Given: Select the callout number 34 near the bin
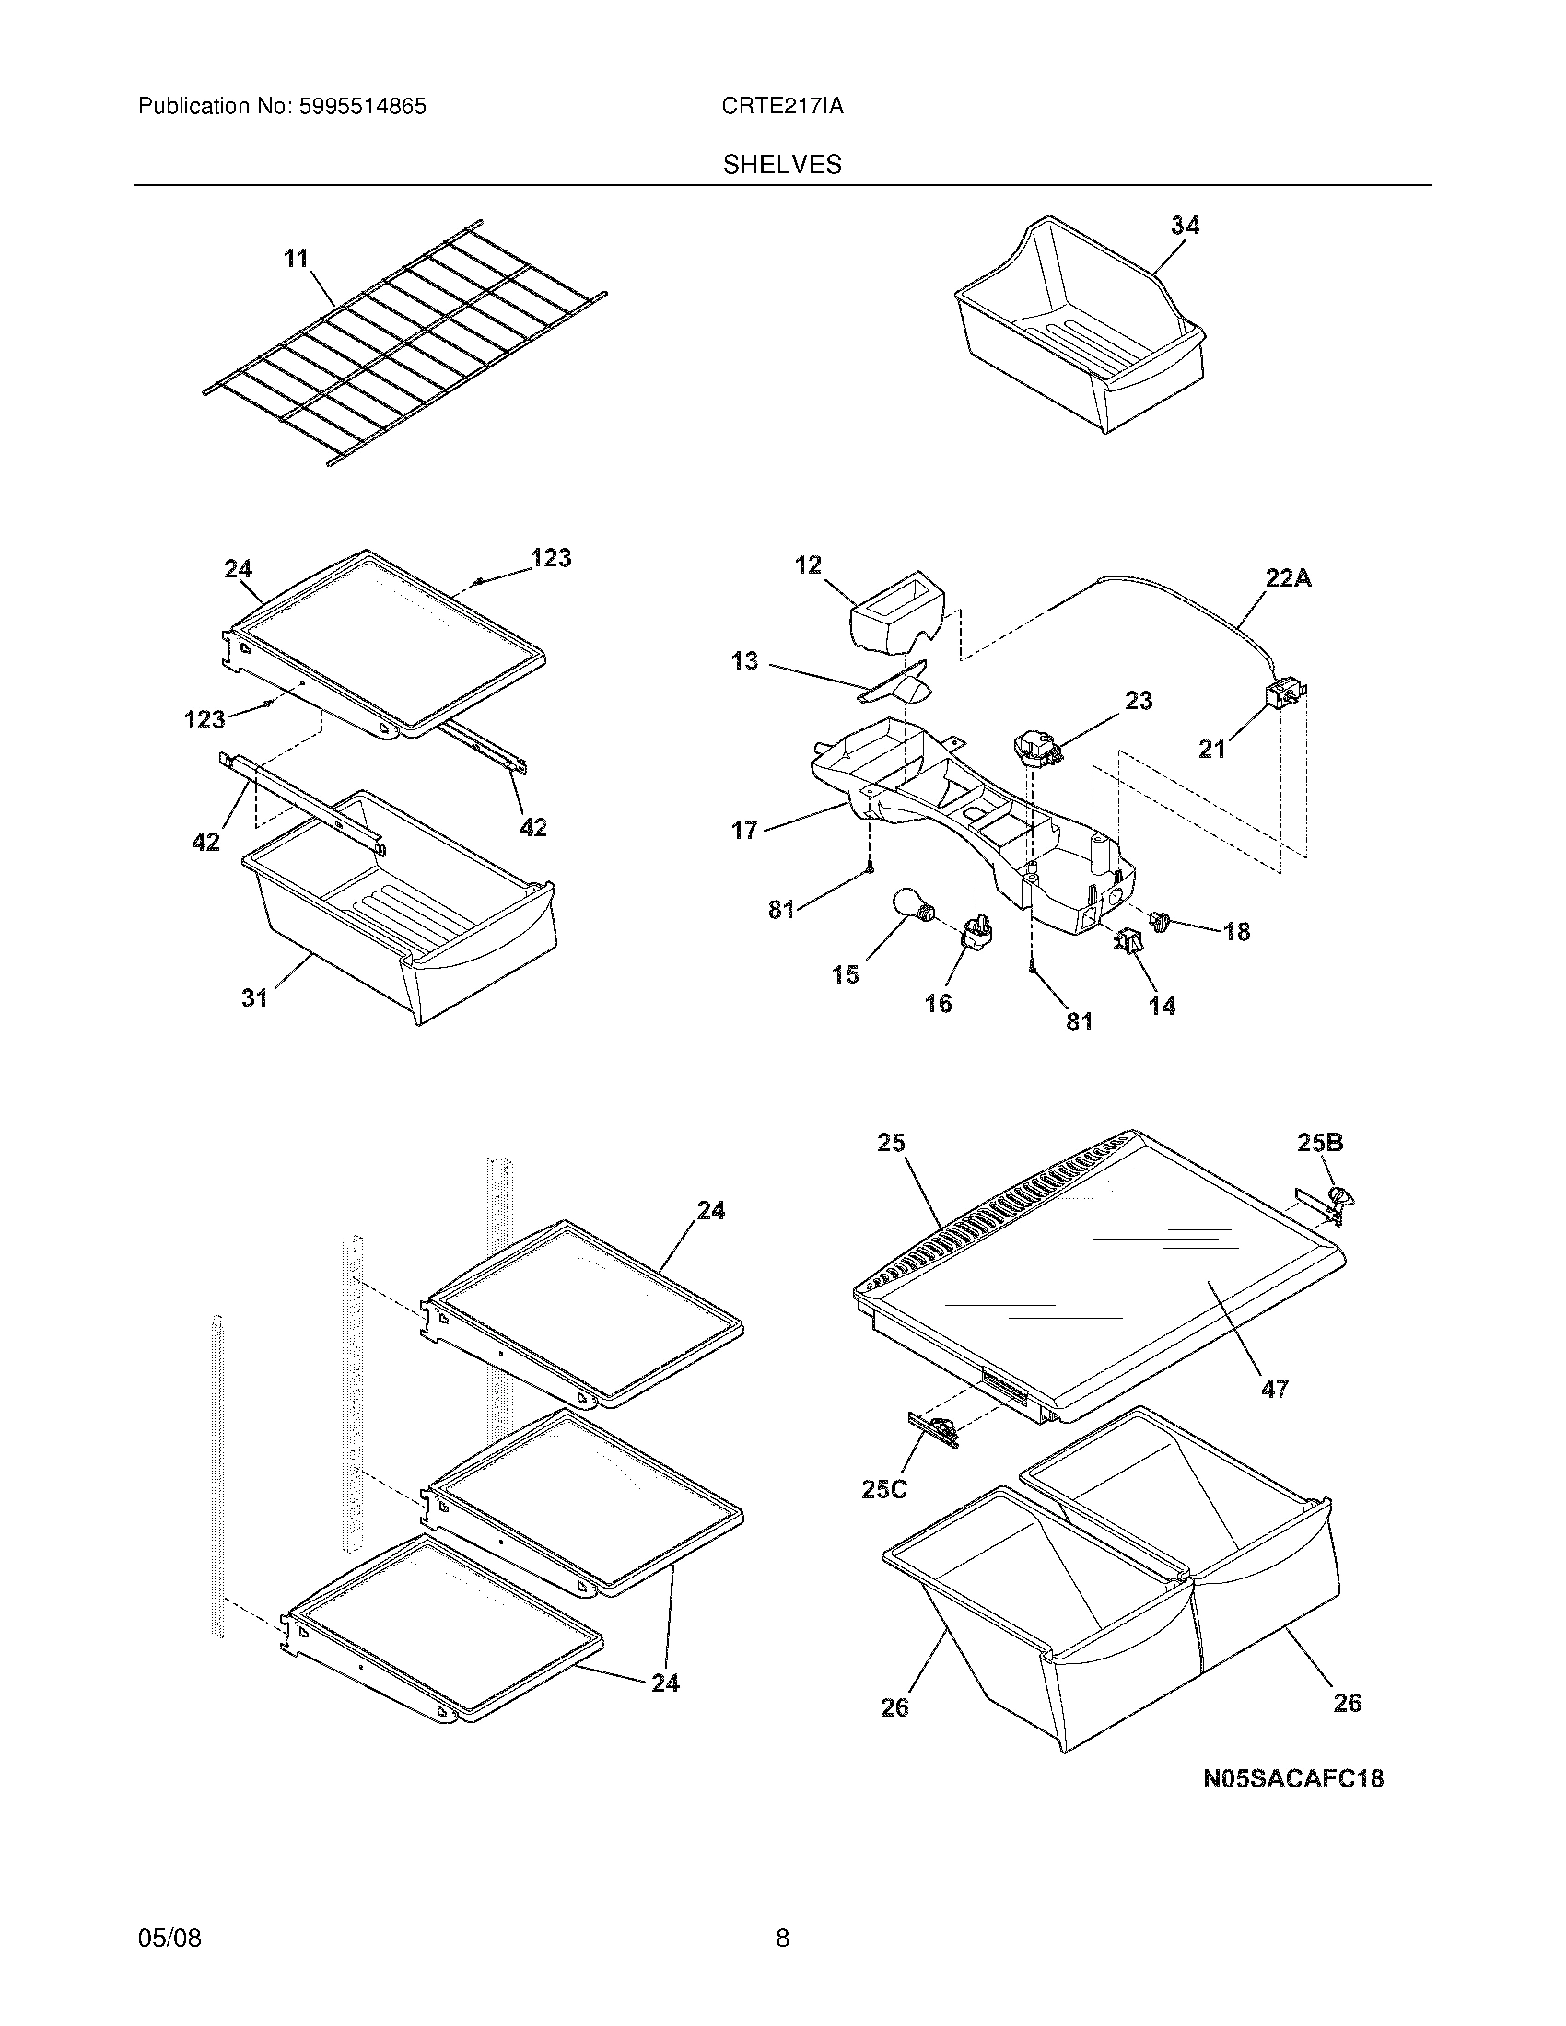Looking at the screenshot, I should [x=1184, y=226].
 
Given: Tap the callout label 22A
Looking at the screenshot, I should [x=1289, y=579].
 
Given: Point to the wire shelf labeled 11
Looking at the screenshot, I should [x=403, y=343].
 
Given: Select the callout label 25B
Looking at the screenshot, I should [x=1319, y=1143].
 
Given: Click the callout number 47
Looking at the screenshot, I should [x=1274, y=1415].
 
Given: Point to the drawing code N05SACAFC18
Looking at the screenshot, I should [x=1293, y=1779].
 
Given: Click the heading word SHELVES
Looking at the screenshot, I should [x=782, y=165].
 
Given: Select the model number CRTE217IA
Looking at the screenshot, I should [x=782, y=107].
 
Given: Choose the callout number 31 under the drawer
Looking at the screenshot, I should [x=254, y=997].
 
